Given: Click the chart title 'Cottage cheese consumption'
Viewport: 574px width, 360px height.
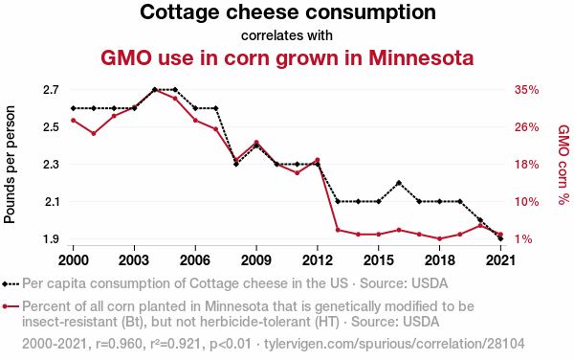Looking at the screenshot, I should [287, 13].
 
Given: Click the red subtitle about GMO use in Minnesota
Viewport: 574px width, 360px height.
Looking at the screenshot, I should [287, 57].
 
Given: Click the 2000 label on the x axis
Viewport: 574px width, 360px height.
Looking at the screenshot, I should [73, 259].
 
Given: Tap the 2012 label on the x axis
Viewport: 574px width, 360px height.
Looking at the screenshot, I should [317, 259].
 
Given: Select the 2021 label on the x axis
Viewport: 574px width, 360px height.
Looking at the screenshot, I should [500, 259].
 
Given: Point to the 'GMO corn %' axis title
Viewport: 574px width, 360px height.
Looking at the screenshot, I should [563, 163].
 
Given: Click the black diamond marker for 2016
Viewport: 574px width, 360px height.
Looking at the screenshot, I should [399, 183].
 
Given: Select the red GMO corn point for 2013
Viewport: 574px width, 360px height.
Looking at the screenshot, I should [338, 230].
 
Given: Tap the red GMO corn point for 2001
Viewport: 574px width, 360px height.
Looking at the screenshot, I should [94, 133].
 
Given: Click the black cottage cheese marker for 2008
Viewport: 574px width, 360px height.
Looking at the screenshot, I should [236, 164].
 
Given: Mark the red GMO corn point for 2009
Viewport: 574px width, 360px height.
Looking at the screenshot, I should [256, 143].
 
